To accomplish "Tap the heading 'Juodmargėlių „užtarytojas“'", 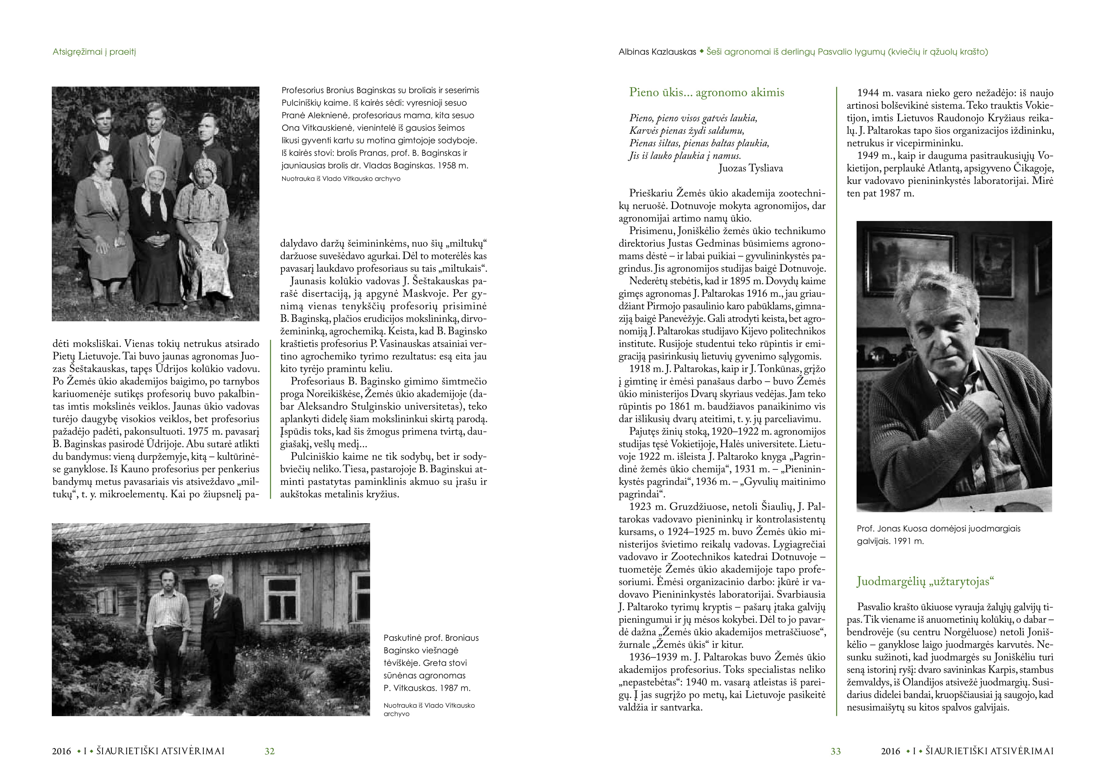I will click(x=925, y=581).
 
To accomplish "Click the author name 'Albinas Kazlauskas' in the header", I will click(x=657, y=52).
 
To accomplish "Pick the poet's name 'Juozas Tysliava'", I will click(x=751, y=169).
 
